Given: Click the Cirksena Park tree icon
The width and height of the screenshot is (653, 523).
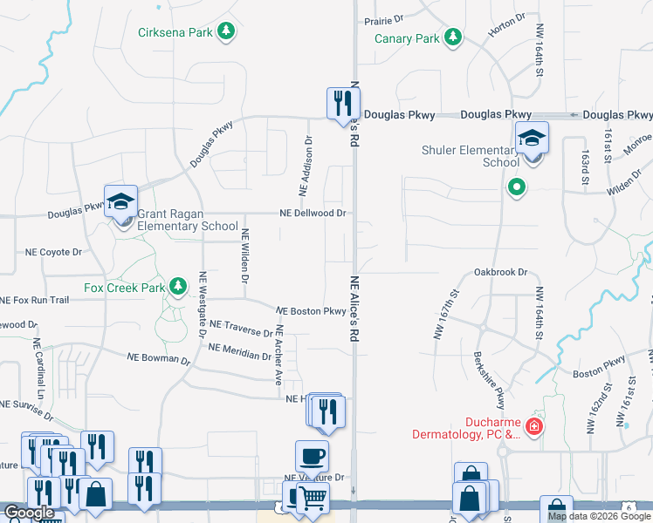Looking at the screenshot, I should tap(227, 32).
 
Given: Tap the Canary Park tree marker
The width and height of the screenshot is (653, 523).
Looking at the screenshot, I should tap(452, 37).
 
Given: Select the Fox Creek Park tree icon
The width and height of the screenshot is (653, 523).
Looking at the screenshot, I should tap(178, 286).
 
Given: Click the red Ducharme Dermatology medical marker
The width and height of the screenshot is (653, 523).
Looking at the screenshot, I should tap(534, 427).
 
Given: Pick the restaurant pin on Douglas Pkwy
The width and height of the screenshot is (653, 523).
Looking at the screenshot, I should tap(340, 104).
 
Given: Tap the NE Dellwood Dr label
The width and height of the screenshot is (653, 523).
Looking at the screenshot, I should tap(313, 213).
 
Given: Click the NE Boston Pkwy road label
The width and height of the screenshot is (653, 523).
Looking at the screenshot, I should tap(311, 311).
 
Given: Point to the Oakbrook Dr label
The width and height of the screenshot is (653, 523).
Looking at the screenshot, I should tap(501, 272).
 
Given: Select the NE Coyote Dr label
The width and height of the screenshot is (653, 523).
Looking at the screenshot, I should tap(52, 252).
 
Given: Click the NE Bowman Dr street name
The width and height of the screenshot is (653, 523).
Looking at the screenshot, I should tap(158, 357).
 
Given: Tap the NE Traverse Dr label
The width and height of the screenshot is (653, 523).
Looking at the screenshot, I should tap(242, 331).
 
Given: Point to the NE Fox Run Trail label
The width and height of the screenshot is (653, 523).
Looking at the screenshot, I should tap(34, 300).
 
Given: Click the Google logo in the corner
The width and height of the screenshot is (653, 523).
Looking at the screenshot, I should tap(29, 513).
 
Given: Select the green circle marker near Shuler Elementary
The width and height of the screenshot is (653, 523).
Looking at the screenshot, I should tap(516, 186).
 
